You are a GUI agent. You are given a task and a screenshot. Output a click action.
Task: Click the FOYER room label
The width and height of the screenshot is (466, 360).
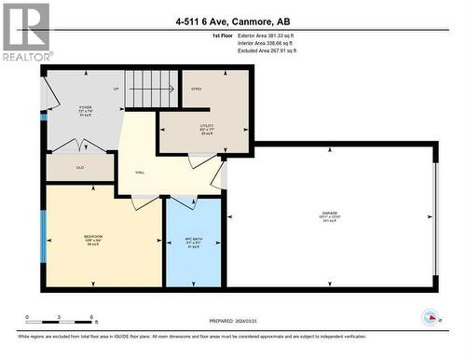[x=85, y=108]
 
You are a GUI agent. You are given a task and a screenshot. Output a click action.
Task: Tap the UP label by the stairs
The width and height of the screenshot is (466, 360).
[x=116, y=90]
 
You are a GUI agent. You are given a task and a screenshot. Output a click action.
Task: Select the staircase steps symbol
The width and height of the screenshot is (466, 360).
[x=151, y=90]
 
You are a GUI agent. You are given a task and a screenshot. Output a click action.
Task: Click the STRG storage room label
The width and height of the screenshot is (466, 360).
[x=197, y=90]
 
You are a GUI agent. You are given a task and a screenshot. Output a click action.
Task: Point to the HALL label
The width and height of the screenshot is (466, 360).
[x=140, y=173]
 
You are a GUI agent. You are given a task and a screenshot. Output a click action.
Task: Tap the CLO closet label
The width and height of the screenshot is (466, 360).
[x=80, y=168]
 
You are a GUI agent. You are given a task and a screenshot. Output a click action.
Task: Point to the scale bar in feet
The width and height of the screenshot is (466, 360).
[x=58, y=319]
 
